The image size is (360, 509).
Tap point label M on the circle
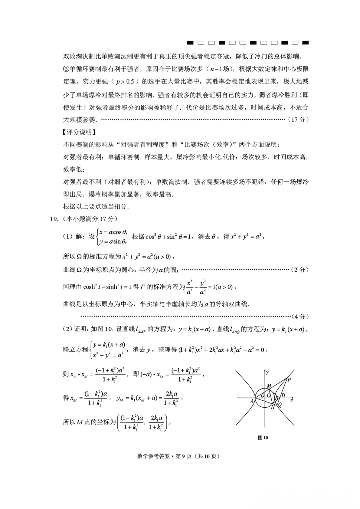[269, 386]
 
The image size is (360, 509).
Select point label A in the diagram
[252, 401]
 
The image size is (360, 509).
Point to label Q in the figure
[280, 405]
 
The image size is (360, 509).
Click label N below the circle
[273, 407]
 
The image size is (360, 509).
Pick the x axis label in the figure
[292, 400]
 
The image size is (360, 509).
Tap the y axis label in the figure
[267, 372]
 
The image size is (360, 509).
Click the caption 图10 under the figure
[263, 438]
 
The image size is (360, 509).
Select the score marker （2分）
[300, 270]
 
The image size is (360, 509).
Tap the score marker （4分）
[300, 316]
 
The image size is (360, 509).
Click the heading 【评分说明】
[79, 132]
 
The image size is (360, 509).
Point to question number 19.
[54, 219]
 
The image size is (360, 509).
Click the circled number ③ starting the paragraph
[66, 69]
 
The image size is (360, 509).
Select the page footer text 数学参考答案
[153, 456]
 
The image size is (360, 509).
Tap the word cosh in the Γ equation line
[89, 287]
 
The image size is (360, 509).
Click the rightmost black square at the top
[305, 43]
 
